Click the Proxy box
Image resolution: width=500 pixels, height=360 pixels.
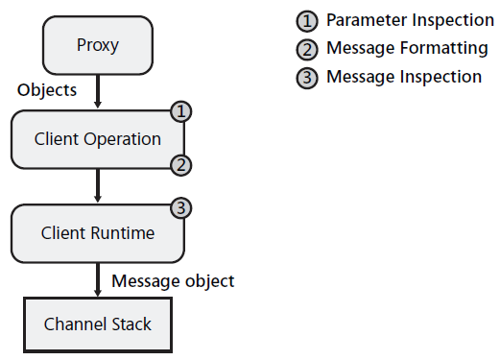[x=98, y=45]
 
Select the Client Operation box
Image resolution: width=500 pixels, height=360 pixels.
[x=98, y=139]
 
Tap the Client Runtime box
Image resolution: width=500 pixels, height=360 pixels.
[x=98, y=233]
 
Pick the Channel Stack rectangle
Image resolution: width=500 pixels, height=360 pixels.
[x=98, y=324]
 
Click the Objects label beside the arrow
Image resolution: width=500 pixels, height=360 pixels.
[x=47, y=90]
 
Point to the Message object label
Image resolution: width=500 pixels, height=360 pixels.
[x=173, y=281]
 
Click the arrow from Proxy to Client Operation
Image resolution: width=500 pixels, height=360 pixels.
[x=98, y=91]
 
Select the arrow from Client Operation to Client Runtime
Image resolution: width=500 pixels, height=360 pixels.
[x=98, y=185]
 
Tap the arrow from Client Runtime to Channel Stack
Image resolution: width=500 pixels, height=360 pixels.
[x=98, y=279]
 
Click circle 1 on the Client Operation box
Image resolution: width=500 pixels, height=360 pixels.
[x=181, y=111]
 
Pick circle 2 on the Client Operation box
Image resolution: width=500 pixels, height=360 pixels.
[x=181, y=165]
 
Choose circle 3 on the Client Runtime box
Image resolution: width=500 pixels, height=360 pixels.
[x=181, y=208]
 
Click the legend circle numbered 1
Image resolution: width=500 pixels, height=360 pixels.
[x=307, y=21]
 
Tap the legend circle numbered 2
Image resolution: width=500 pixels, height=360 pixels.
[x=307, y=50]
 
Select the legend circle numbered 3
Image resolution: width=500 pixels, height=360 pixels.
[x=307, y=78]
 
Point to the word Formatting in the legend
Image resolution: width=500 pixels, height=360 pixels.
[x=444, y=49]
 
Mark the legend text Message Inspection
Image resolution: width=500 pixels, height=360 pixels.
[x=404, y=77]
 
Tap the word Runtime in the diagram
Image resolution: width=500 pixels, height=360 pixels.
[x=123, y=232]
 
